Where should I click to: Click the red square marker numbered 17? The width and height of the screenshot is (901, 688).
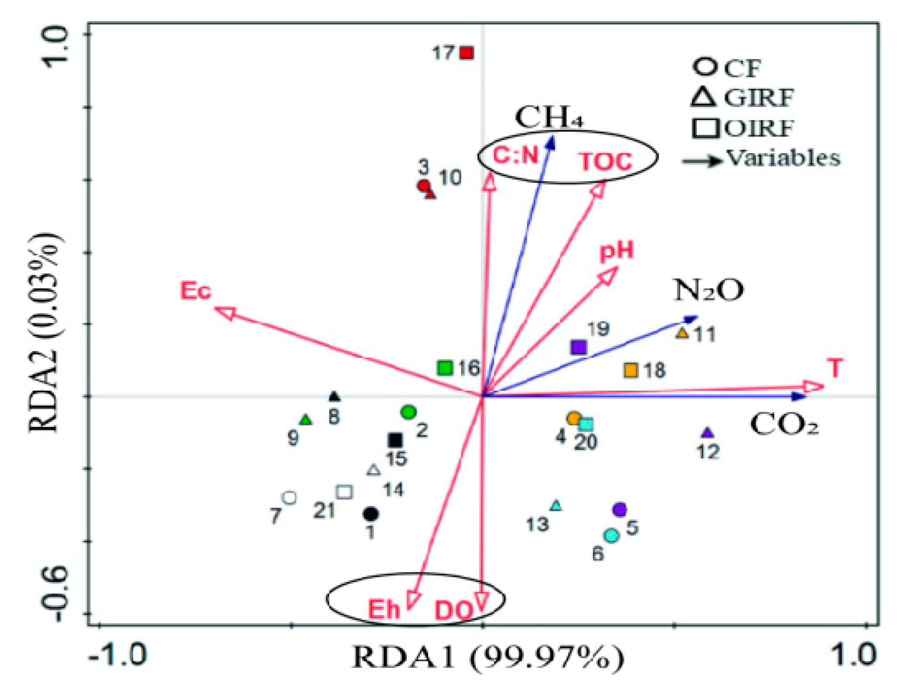tap(466, 53)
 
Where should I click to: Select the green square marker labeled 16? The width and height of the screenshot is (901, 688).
tap(445, 368)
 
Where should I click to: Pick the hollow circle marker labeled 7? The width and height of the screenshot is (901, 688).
tap(289, 498)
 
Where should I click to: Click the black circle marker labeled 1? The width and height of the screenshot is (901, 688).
tap(371, 514)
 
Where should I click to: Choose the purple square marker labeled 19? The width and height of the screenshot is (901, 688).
tap(579, 347)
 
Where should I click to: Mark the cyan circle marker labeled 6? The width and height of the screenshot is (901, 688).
tap(611, 536)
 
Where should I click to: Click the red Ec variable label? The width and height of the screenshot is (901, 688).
tap(196, 291)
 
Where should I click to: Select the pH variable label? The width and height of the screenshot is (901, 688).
tap(616, 251)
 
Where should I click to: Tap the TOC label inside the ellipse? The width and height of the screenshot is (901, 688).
tap(605, 162)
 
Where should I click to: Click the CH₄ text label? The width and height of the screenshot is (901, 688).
tap(549, 117)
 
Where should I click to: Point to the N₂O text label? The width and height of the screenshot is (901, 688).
tap(708, 290)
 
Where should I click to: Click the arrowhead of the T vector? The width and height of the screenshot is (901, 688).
tap(813, 387)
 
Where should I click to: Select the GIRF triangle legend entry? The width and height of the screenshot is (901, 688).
tap(743, 98)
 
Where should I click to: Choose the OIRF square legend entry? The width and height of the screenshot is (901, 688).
tap(743, 128)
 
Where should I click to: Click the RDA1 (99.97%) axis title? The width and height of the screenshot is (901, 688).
tap(488, 657)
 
